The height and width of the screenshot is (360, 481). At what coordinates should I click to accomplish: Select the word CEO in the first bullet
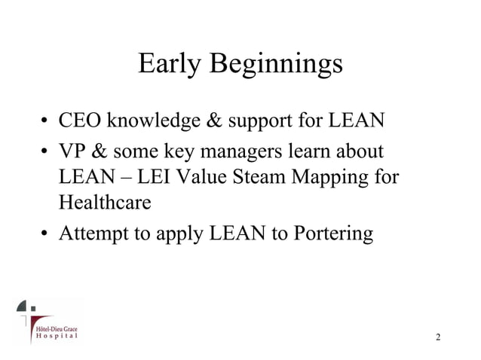pos(80,121)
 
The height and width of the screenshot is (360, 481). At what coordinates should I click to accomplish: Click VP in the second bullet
pos(72,153)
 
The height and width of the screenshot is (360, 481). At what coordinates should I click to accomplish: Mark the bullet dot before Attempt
pos(46,235)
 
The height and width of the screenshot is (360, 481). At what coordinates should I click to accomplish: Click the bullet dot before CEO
pos(46,121)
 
